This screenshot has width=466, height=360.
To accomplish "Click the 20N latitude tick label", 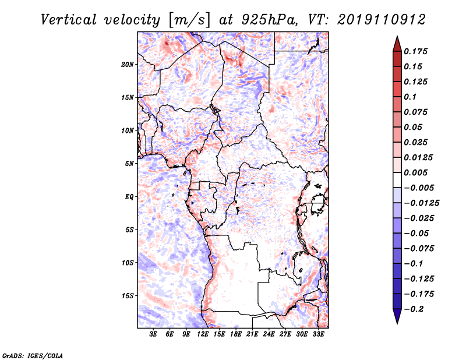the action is pyautogui.click(x=128, y=65).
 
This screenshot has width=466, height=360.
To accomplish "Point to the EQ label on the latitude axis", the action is pyautogui.click(x=129, y=197).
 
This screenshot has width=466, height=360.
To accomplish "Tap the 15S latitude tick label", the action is pyautogui.click(x=128, y=296).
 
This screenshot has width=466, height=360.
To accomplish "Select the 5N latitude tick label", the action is pyautogui.click(x=129, y=164).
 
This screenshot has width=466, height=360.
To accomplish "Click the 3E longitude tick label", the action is pyautogui.click(x=153, y=334).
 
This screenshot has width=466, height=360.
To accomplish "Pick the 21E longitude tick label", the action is pyautogui.click(x=252, y=334).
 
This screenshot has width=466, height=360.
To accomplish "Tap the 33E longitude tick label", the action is pyautogui.click(x=318, y=334).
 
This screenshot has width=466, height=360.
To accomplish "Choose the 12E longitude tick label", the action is pyautogui.click(x=202, y=334).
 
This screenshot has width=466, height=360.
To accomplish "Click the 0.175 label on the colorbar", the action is pyautogui.click(x=415, y=51).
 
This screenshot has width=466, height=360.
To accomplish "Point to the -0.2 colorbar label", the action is pyautogui.click(x=414, y=309).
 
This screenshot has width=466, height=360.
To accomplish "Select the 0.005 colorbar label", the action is pyautogui.click(x=415, y=172).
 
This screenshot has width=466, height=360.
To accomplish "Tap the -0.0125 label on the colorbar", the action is pyautogui.click(x=421, y=203).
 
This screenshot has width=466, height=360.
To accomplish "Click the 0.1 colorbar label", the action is pyautogui.click(x=410, y=97).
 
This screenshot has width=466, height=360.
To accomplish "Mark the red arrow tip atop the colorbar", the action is pyautogui.click(x=397, y=36).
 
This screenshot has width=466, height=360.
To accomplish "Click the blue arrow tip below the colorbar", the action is pyautogui.click(x=397, y=323).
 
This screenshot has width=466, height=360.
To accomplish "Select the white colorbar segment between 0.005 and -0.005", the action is pyautogui.click(x=397, y=180).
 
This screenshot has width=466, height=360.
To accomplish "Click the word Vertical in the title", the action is pyautogui.click(x=69, y=20).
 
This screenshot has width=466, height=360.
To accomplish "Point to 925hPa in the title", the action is pyautogui.click(x=269, y=20).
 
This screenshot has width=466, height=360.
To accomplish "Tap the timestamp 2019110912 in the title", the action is pyautogui.click(x=382, y=20).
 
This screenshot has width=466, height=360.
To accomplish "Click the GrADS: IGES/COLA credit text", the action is pyautogui.click(x=33, y=355).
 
